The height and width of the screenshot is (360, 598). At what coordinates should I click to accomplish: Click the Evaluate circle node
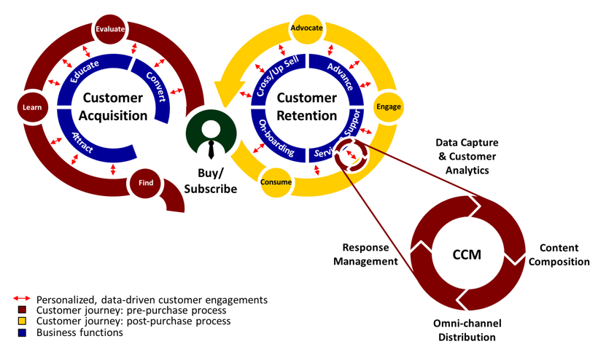point(110,29)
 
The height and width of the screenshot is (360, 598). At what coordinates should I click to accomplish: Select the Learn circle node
point(32,107)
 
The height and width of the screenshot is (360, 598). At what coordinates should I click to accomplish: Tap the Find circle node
point(146,183)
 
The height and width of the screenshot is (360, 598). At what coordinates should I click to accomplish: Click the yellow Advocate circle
point(306,28)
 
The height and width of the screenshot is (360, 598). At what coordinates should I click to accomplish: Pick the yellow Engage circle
point(388,106)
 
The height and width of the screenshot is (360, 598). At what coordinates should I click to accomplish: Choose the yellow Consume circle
point(276,182)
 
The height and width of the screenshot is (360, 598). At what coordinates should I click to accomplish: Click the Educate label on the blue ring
point(85,71)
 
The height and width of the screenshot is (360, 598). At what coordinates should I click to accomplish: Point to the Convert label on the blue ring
point(156,87)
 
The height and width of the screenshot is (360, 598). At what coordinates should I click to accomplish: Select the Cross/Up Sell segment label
point(277,76)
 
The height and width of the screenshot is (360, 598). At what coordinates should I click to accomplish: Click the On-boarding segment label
point(276,138)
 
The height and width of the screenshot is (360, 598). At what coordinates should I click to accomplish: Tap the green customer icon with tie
point(211,134)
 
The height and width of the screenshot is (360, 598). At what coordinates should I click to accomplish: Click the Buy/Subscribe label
point(211,181)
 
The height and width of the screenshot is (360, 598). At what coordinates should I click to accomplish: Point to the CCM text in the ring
point(467,254)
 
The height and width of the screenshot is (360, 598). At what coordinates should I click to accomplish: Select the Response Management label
point(365,254)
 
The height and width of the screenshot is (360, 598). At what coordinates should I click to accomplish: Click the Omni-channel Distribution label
point(467,330)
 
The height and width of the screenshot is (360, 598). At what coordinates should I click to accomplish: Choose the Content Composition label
point(559,255)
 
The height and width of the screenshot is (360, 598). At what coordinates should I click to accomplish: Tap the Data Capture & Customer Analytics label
point(467,156)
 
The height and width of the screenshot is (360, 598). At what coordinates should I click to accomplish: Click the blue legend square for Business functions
point(22,332)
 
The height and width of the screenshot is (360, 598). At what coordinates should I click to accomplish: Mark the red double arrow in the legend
point(22,299)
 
